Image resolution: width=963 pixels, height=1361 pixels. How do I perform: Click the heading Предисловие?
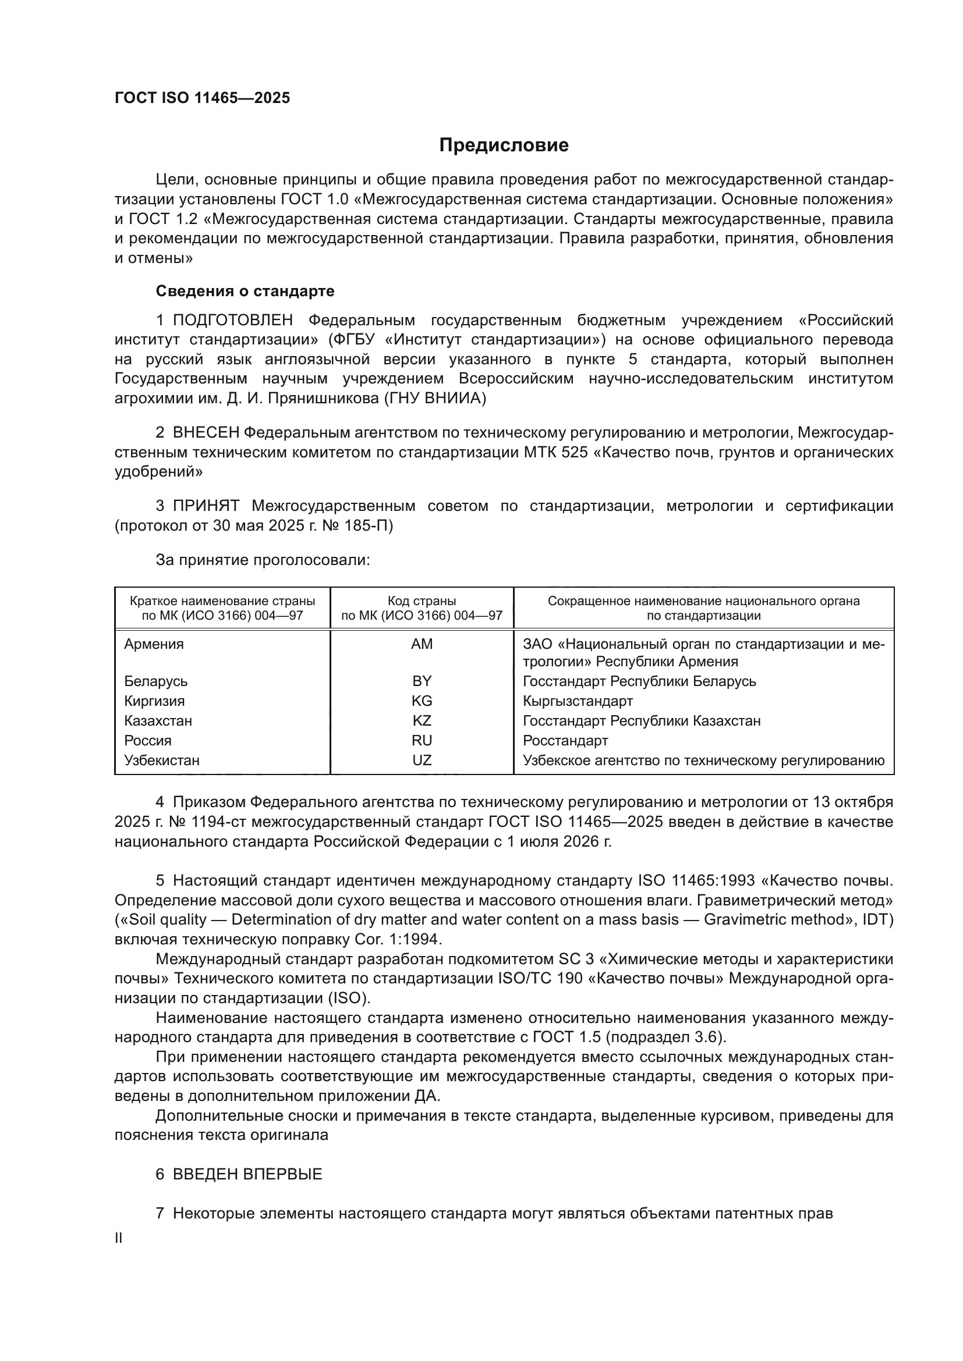click(504, 145)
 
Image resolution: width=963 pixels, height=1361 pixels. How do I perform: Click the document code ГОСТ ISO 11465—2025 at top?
click(202, 98)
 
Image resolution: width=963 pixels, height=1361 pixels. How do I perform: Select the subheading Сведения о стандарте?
click(245, 291)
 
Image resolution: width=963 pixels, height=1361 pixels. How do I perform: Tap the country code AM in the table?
click(422, 644)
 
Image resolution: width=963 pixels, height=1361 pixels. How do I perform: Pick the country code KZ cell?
click(422, 721)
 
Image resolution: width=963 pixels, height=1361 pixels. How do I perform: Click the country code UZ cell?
click(422, 760)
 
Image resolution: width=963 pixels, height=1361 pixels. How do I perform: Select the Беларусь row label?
click(155, 681)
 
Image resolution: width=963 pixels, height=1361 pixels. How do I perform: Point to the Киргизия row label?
click(154, 701)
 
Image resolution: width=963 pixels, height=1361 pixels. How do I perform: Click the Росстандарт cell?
click(565, 740)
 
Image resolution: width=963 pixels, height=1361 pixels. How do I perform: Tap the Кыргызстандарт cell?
click(578, 701)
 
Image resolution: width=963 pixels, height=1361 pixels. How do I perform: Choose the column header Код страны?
click(422, 601)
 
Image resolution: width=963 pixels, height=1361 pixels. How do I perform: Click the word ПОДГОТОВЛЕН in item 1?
click(232, 321)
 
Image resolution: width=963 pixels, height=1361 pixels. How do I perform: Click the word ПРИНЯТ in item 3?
click(206, 506)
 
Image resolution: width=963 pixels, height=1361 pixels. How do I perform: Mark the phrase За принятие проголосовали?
click(263, 560)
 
